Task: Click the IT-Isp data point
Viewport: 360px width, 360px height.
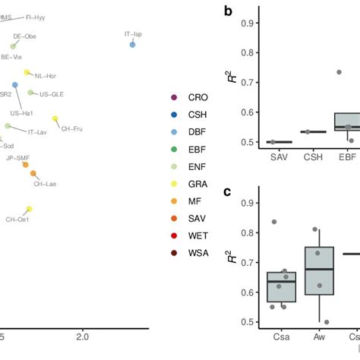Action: pyautogui.click(x=132, y=45)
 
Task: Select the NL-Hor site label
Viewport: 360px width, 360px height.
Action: pyautogui.click(x=46, y=76)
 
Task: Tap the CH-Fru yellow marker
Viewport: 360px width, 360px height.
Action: pyautogui.click(x=55, y=118)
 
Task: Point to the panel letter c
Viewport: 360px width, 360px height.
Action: pyautogui.click(x=226, y=191)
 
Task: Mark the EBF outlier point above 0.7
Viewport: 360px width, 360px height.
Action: pyautogui.click(x=339, y=72)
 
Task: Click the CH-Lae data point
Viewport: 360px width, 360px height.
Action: pyautogui.click(x=33, y=174)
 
